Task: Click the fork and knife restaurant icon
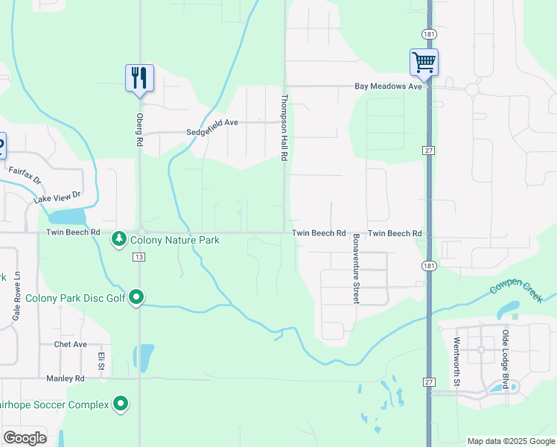click(139, 77)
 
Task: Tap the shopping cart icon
click(424, 62)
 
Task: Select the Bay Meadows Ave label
click(388, 86)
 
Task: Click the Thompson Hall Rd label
click(284, 128)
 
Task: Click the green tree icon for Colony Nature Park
click(118, 239)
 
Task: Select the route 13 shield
click(139, 257)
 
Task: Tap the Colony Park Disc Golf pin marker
click(136, 297)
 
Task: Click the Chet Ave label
click(71, 344)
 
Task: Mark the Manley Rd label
click(64, 378)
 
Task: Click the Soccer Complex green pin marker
click(121, 405)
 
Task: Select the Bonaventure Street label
click(356, 267)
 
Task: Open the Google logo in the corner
click(25, 437)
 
